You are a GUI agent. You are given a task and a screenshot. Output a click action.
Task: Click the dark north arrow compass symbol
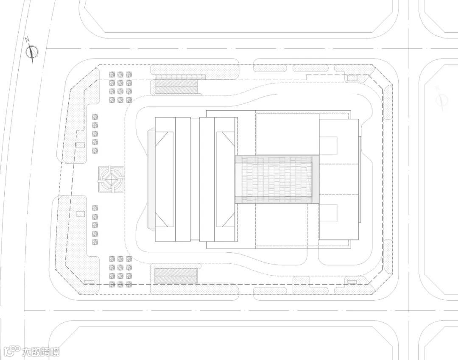[x=32, y=51]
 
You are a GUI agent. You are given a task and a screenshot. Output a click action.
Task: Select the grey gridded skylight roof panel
[x=277, y=179]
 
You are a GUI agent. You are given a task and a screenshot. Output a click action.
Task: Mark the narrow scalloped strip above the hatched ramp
[x=180, y=77]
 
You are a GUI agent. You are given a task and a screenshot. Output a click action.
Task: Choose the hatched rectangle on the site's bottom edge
[x=176, y=276]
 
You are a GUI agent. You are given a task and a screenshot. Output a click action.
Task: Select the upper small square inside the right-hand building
[x=328, y=145]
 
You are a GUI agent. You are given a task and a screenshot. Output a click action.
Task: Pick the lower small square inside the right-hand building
[x=328, y=213]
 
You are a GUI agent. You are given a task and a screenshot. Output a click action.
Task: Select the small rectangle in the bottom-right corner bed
[x=352, y=282]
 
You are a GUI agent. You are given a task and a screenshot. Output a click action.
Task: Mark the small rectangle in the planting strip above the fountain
[x=80, y=145]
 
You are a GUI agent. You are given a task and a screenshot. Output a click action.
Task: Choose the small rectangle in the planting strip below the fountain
[x=80, y=213]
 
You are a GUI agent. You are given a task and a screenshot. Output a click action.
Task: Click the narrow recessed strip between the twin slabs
[x=195, y=179]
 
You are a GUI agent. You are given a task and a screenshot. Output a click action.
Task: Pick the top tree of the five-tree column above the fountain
[x=95, y=117]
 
